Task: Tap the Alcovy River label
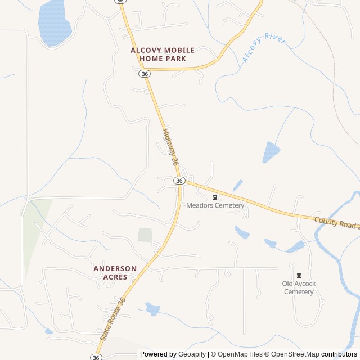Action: coord(263,49)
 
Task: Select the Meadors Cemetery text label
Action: coord(215,206)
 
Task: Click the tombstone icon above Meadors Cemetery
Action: coord(215,197)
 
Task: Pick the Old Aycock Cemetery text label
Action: coord(299,287)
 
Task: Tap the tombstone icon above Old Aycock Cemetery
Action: coord(299,275)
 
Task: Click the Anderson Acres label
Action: coord(115,273)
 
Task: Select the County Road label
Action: coord(336,222)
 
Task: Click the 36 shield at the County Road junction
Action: coord(179,181)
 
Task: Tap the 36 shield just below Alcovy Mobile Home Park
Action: coord(145,74)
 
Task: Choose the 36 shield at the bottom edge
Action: coord(96,357)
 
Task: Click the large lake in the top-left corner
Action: coord(54,22)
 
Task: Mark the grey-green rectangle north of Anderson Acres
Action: coord(145,235)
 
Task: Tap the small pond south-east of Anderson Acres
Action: coord(152,309)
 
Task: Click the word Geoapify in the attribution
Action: coord(192,354)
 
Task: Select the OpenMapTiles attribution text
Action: coord(240,354)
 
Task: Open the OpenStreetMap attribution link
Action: coord(292,354)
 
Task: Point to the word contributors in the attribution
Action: coord(339,354)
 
